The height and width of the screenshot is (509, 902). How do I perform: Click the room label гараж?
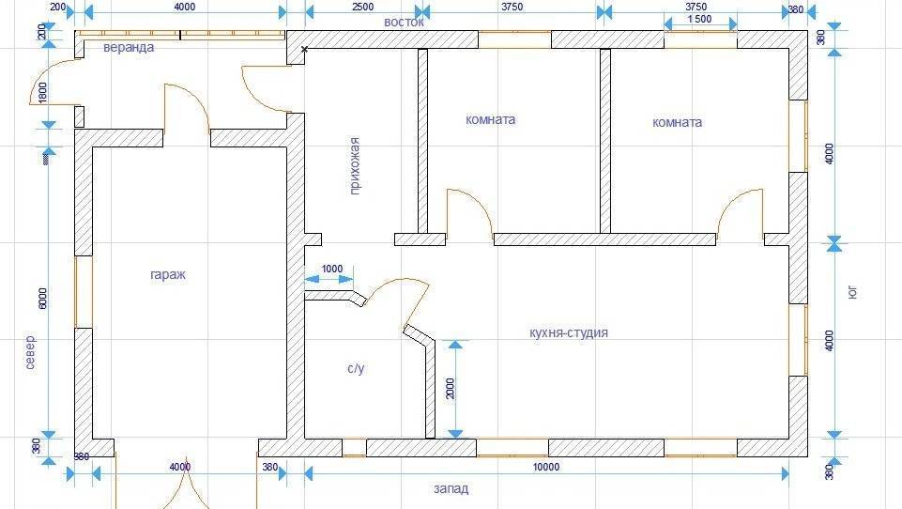point(168,275)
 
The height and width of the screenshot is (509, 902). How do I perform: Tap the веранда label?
point(129,47)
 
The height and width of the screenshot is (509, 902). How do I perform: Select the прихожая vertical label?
point(355,166)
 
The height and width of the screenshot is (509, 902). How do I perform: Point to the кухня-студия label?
point(569,332)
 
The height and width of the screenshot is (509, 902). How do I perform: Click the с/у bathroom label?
point(356,368)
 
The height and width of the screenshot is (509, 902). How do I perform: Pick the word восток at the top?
point(404,23)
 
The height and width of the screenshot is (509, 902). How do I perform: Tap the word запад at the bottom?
point(451,489)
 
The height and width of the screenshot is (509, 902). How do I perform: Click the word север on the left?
point(30,352)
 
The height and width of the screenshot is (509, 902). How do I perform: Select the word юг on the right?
point(852,292)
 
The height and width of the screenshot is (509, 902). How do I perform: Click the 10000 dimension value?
point(546,467)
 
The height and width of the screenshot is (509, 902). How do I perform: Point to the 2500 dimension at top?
point(362,7)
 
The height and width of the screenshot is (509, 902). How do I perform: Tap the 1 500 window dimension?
point(699,19)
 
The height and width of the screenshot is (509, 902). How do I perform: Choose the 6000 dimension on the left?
point(43,299)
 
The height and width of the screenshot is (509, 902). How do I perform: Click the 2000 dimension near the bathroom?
point(450,389)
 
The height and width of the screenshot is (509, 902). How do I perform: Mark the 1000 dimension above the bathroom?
point(332,269)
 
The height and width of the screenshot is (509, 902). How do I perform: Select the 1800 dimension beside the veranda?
point(43,93)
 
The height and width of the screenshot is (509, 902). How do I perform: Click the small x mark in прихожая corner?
point(304,50)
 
